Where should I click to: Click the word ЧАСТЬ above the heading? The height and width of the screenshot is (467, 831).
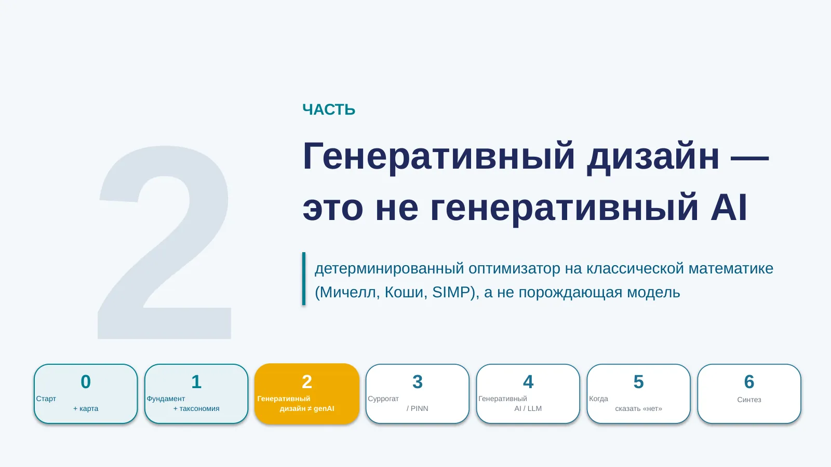coord(329,109)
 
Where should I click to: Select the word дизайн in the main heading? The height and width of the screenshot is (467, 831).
coord(653,157)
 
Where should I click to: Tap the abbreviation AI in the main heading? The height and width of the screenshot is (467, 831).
coord(729,208)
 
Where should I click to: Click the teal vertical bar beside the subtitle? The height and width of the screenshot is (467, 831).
coord(304,279)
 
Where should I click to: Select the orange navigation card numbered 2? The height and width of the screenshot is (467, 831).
coord(307,394)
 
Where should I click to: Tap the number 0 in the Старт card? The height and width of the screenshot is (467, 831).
coord(86,382)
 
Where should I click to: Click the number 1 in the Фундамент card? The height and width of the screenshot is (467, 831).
coord(196,382)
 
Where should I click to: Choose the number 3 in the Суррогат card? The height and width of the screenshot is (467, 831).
coord(418,382)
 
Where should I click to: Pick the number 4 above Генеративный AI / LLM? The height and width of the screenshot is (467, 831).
coord(528,382)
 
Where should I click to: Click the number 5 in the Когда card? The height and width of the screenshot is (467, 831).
coord(638,382)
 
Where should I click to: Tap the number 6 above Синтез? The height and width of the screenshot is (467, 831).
coord(749,382)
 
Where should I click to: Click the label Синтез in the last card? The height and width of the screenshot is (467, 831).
coord(749,400)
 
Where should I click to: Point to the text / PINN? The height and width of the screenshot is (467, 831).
coord(418,408)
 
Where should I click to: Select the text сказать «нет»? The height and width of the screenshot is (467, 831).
coord(638,408)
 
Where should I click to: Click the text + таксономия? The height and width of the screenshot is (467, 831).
coord(196,408)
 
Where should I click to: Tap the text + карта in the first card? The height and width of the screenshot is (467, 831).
coord(86,408)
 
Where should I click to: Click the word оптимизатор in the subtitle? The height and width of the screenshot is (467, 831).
coord(514,269)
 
